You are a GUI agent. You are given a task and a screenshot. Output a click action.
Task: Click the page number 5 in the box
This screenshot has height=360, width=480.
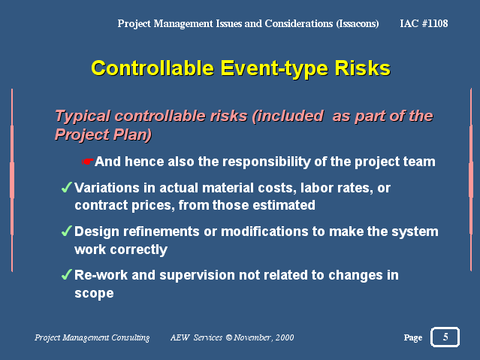(445, 337)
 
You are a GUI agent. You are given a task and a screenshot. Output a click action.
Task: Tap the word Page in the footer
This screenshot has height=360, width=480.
(413, 337)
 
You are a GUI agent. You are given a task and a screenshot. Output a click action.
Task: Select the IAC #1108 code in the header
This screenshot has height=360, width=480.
(424, 23)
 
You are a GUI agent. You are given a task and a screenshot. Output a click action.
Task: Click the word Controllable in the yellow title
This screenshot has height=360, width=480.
(152, 68)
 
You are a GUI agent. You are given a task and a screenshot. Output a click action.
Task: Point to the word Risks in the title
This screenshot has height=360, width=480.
(363, 68)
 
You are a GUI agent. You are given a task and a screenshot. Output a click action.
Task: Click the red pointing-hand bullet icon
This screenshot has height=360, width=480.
(88, 161)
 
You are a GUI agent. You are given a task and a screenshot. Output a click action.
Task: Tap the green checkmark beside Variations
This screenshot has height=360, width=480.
(67, 187)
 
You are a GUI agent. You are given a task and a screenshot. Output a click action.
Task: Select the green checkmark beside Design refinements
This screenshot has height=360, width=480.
(67, 231)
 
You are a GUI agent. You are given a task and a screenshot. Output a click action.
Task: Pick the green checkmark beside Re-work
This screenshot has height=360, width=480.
(67, 274)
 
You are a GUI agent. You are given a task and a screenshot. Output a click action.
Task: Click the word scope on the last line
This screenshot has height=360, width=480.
(95, 293)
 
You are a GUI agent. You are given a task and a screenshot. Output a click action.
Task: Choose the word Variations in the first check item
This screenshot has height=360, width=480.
(107, 187)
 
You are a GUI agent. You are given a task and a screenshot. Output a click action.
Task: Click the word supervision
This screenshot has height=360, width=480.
(197, 275)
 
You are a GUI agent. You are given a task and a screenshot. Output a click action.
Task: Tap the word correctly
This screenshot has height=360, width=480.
(139, 250)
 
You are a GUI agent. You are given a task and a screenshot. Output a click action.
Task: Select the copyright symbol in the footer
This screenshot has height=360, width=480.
(229, 337)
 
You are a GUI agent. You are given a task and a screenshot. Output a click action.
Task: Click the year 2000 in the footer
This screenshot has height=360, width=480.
(285, 337)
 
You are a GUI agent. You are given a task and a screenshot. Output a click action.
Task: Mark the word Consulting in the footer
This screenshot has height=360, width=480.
(131, 337)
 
